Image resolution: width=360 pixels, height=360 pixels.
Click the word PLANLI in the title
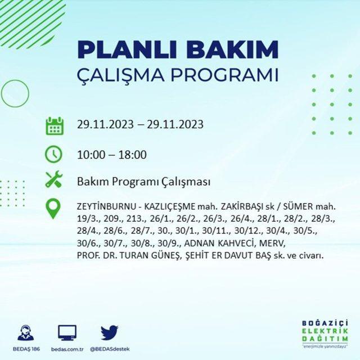coord(127,50)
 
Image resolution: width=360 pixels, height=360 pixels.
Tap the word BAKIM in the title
coord(232,50)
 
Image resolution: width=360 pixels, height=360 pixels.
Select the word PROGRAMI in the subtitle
coord(224,75)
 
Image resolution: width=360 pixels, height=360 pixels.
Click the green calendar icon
coord(55,126)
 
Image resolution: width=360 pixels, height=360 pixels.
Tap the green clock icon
coord(53,154)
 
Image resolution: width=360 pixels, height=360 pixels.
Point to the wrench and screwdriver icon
coord(54,179)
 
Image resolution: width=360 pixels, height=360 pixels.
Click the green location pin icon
coord(53,209)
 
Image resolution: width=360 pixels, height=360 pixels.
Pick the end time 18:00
coord(133,155)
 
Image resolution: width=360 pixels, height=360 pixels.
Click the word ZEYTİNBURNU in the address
coord(106,206)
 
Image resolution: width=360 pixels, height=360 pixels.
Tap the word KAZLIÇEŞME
coord(169,207)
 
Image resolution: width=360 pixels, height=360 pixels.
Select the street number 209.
coord(112,219)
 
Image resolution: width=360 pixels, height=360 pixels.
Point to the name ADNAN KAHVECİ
coord(220,243)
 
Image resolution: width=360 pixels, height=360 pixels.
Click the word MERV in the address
coord(272,243)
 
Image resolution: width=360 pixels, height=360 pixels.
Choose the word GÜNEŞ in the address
coord(165,255)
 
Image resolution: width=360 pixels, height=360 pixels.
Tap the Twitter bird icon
coord(110,332)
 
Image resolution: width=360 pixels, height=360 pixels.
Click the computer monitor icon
coord(67,332)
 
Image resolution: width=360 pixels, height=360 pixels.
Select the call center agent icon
coord(26,332)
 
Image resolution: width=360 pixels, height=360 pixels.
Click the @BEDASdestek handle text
coord(110,349)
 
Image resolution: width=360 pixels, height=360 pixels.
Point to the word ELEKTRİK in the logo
coord(325,331)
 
